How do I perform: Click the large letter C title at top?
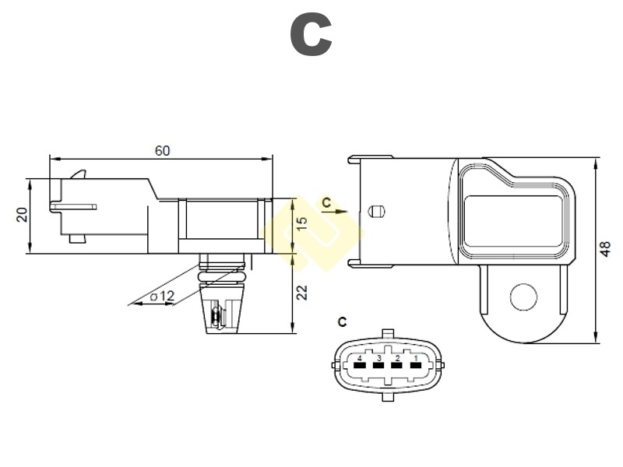(311, 35)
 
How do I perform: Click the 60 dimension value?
(162, 151)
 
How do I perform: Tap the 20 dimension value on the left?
(23, 214)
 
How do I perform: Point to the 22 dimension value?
(302, 292)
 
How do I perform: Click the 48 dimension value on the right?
(605, 248)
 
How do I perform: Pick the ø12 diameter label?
(162, 296)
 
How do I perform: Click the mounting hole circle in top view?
(523, 296)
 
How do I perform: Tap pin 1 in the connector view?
(416, 363)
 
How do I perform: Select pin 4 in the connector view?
(360, 363)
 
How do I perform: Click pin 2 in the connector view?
(397, 363)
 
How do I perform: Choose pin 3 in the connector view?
(378, 363)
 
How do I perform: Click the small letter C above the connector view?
(343, 321)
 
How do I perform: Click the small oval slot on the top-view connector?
(377, 211)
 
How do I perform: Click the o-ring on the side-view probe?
(224, 275)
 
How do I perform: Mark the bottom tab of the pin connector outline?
(388, 396)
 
